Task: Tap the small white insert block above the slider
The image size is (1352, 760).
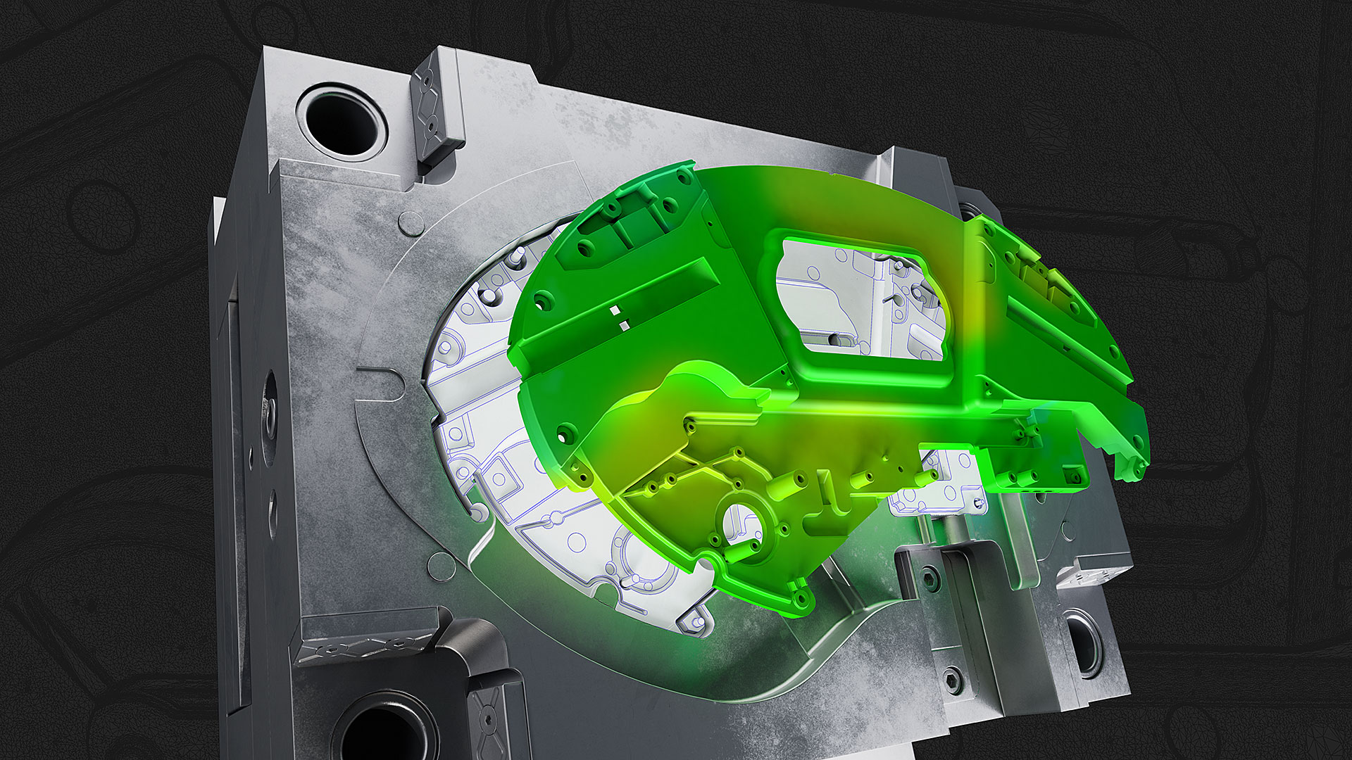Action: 937,497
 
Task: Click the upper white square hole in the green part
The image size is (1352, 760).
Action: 615,310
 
